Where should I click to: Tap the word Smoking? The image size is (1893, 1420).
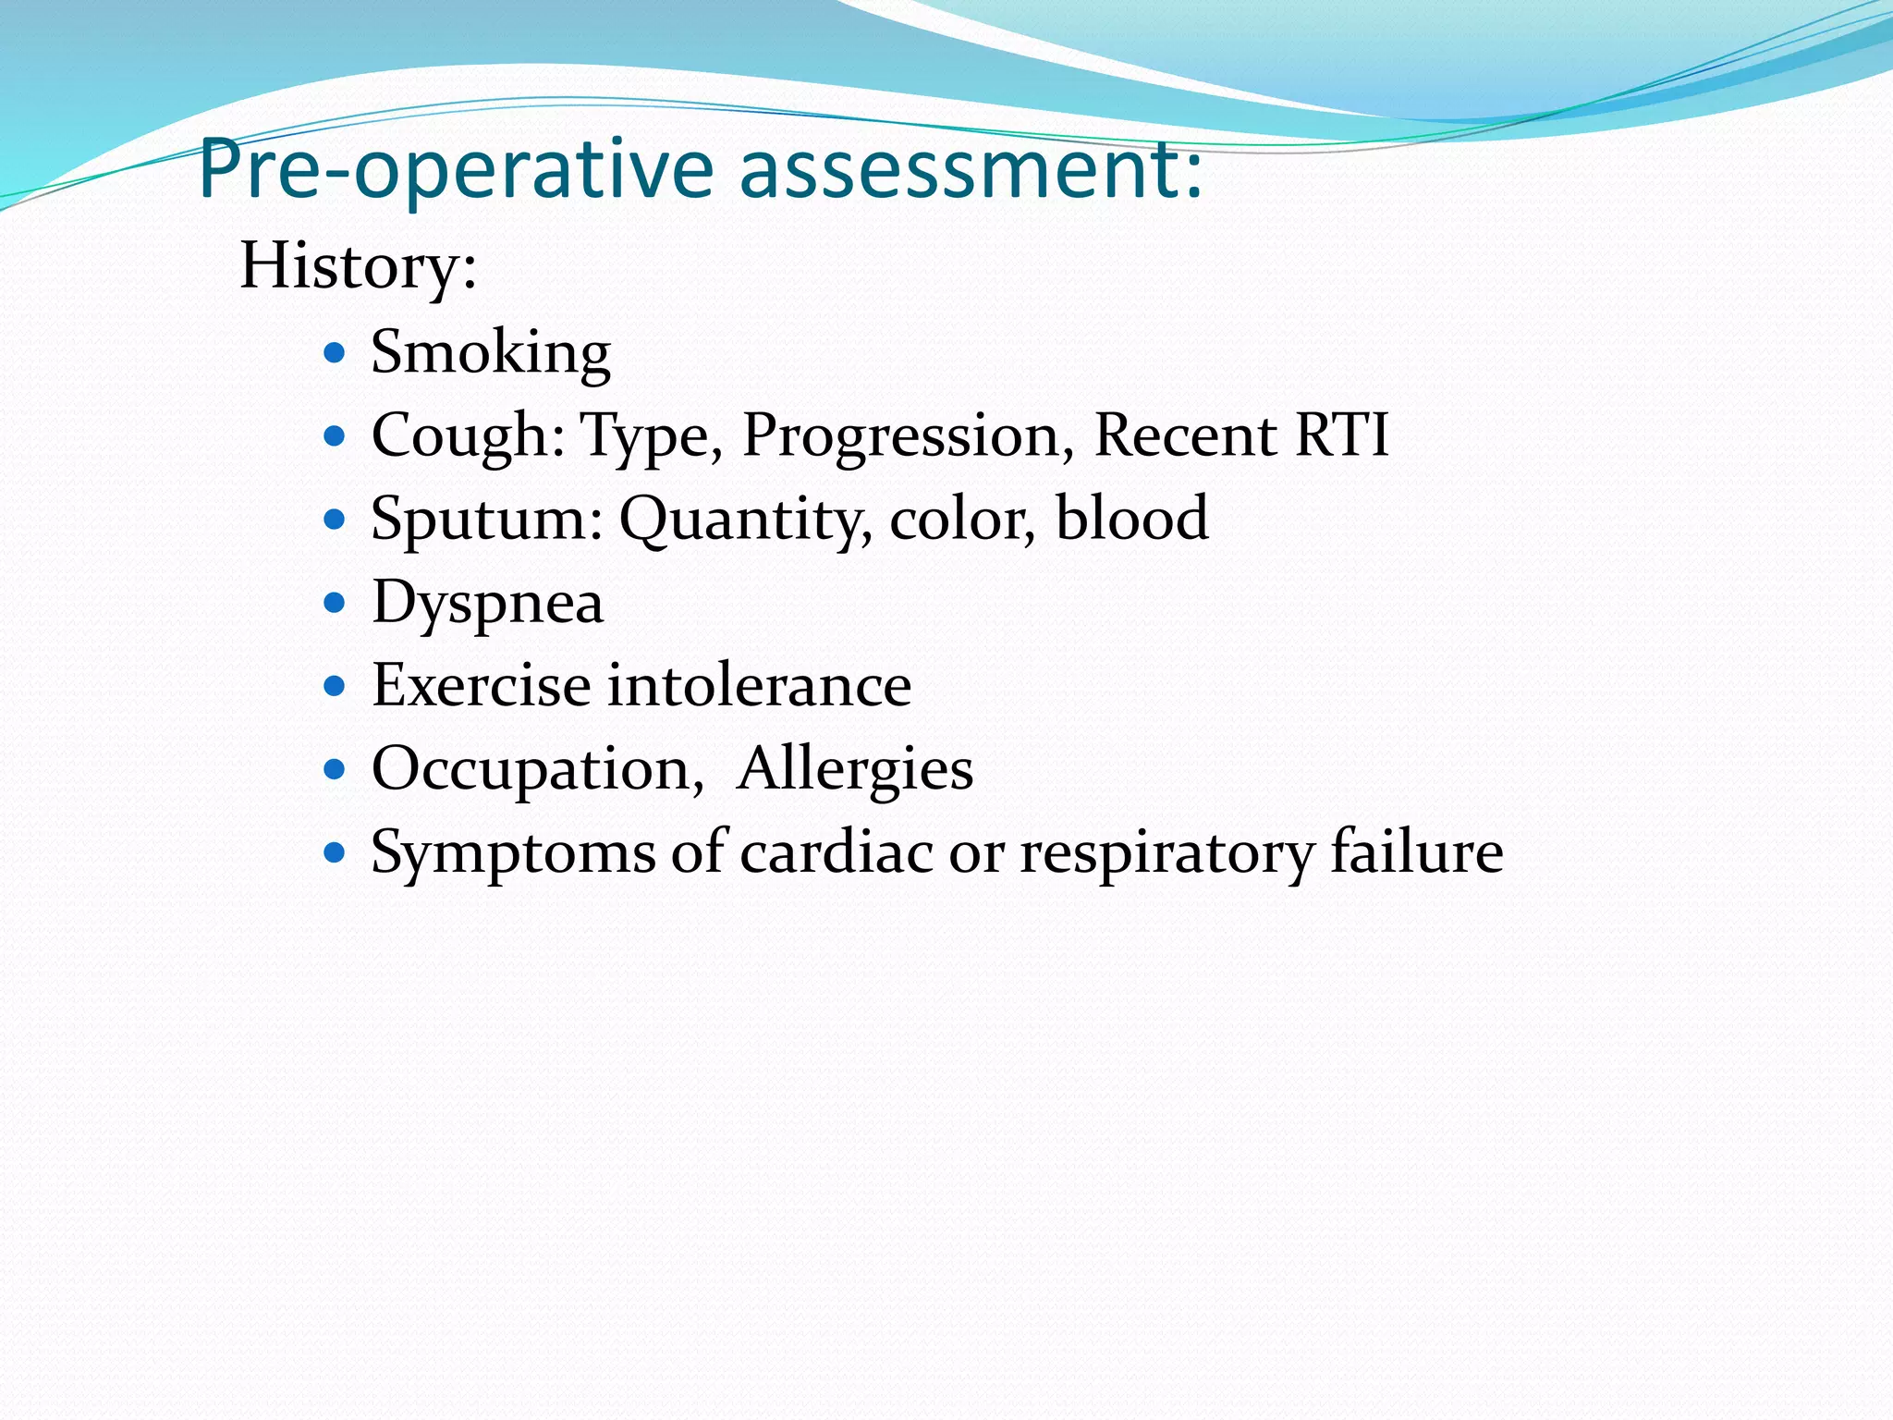pos(491,353)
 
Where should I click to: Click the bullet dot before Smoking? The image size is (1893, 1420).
pos(335,352)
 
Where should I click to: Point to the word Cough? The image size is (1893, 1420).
pos(467,435)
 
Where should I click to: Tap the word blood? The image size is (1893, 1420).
pos(1131,518)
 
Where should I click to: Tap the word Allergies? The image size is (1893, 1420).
pos(854,769)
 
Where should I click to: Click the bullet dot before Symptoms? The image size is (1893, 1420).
pos(335,851)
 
